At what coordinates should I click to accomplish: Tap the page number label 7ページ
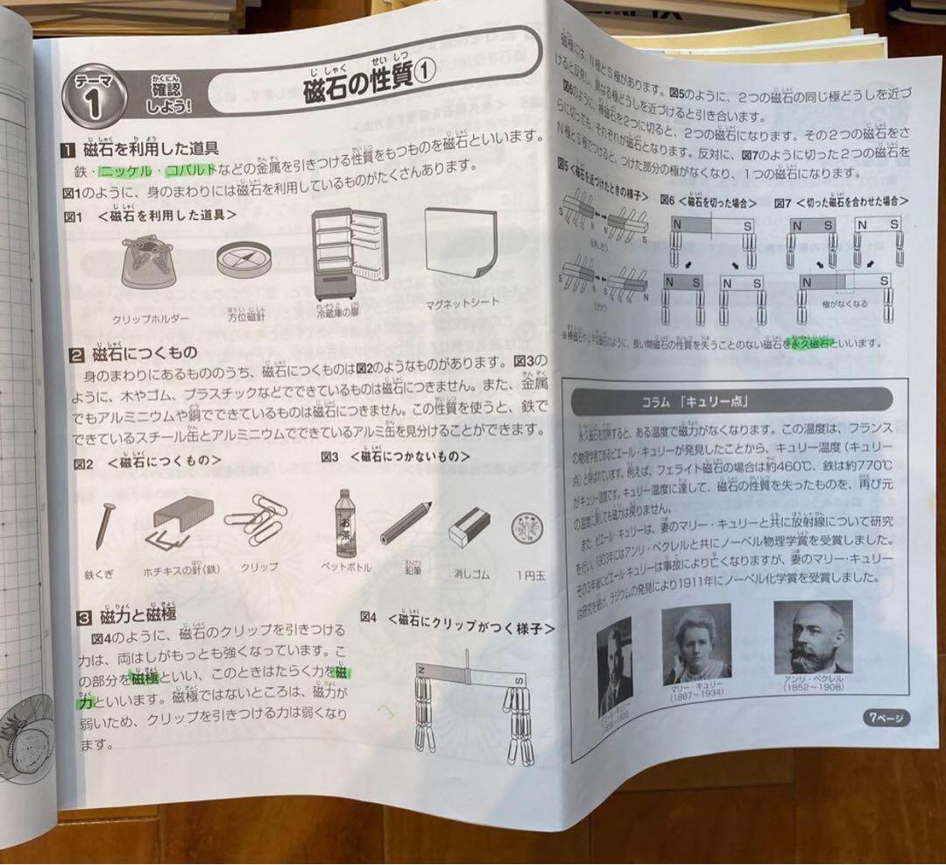tap(886, 718)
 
